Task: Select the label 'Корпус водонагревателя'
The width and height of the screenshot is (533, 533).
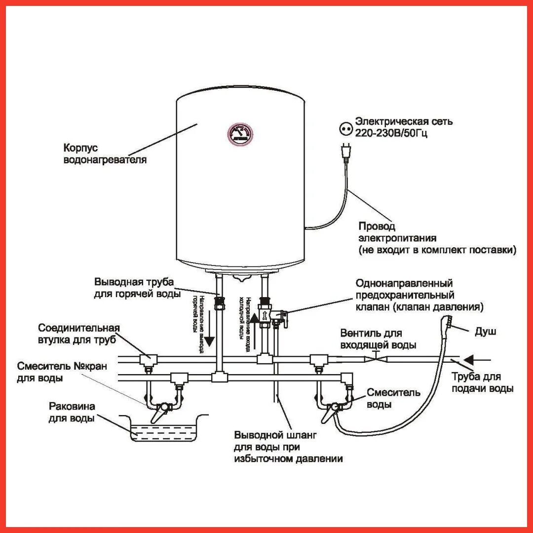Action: [x=105, y=153]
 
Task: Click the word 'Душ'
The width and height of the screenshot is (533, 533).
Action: [x=485, y=331]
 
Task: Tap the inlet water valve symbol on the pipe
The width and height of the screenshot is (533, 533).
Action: [x=375, y=358]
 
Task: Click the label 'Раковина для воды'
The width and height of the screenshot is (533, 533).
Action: [x=72, y=413]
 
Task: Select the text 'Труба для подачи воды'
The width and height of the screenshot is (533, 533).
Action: [x=483, y=382]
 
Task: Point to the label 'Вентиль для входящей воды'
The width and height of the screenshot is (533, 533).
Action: [x=378, y=339]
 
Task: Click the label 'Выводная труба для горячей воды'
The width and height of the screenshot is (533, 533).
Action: [x=134, y=288]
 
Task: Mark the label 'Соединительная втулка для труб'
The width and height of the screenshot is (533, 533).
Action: [x=79, y=334]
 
